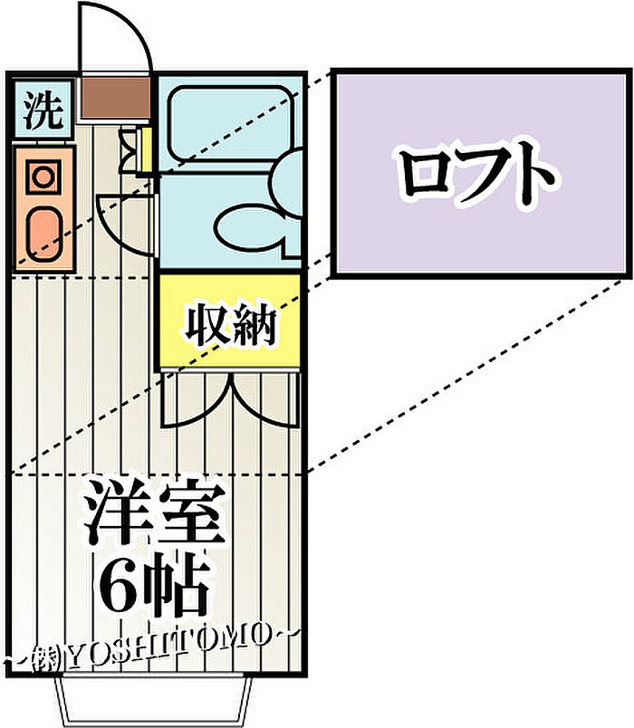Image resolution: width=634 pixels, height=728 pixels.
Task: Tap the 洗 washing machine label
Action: tap(42, 111)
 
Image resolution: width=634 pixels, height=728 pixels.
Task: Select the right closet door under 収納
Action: tap(267, 398)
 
